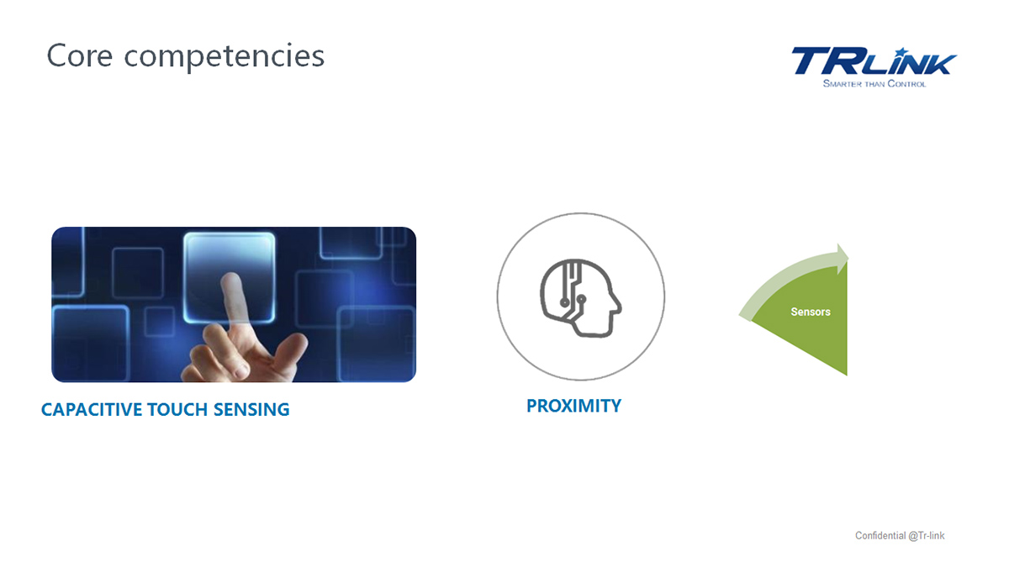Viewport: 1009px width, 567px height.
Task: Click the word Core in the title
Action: pos(80,55)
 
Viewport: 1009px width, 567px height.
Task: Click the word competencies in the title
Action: pos(225,58)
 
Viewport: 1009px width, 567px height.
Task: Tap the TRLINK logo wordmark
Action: pos(874,61)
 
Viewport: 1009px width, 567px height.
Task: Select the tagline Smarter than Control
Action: pos(874,84)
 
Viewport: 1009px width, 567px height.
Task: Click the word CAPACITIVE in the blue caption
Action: pos(92,410)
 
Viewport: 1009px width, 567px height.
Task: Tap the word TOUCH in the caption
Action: pos(177,410)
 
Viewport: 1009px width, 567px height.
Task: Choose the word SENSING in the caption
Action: pos(251,410)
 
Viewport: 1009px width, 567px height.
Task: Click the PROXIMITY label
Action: pos(573,406)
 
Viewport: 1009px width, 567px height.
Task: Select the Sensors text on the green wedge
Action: pos(811,312)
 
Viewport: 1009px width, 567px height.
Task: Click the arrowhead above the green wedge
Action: pos(843,259)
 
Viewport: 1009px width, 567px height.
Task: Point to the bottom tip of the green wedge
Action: pos(847,375)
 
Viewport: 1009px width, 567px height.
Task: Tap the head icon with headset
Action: pos(581,298)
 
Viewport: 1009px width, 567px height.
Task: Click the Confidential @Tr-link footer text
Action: pos(900,536)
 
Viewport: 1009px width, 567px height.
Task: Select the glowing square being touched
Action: pos(230,277)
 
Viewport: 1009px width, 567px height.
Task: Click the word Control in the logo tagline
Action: pos(906,84)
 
